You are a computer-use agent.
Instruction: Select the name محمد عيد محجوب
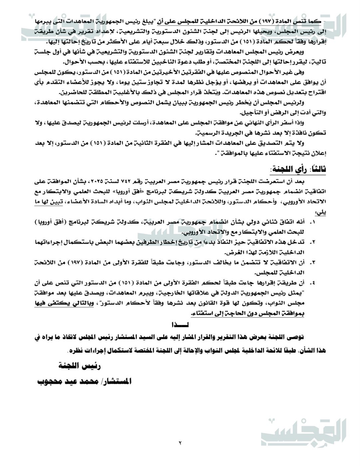point(64,381)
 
